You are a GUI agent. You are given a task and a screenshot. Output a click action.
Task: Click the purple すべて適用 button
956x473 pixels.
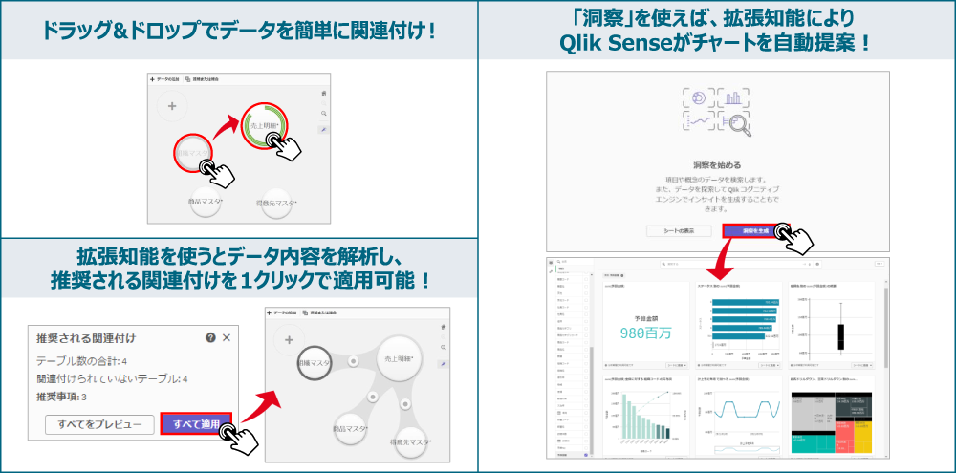196,424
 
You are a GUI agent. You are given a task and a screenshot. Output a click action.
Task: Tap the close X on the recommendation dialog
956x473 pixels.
227,338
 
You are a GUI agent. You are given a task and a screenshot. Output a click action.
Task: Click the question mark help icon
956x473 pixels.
210,338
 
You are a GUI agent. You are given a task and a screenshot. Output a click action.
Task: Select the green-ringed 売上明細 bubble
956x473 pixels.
264,126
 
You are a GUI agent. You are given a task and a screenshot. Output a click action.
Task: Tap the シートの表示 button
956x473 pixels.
678,231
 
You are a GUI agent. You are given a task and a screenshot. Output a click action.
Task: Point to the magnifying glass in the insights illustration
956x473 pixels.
737,122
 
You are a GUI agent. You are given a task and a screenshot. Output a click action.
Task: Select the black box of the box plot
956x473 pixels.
841,336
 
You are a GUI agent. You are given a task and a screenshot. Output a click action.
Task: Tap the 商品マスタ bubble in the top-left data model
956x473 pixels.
206,202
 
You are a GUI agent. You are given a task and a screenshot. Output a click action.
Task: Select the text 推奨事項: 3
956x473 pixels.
62,397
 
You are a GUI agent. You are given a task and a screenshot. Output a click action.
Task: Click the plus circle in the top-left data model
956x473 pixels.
172,106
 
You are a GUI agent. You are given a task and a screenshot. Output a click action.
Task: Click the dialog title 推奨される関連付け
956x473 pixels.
85,338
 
